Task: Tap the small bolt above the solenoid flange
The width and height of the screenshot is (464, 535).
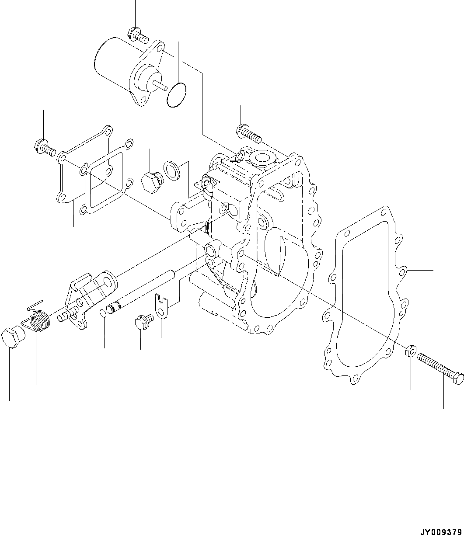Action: click(136, 34)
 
